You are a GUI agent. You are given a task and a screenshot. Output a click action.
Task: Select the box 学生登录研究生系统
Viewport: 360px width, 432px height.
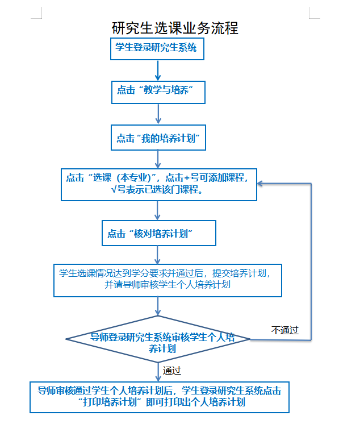(156, 48)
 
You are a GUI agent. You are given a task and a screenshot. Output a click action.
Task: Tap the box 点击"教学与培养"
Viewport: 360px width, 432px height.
(157, 91)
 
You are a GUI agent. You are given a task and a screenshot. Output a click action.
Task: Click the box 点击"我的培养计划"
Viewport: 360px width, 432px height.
(157, 138)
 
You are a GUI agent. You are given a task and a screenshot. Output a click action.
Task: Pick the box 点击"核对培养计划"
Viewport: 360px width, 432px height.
(158, 233)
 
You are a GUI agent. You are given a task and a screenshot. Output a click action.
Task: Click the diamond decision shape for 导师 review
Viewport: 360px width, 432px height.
(158, 339)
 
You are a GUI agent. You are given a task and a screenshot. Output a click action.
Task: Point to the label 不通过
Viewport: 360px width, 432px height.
(284, 330)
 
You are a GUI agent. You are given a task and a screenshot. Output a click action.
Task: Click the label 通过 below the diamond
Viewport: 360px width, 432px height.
(171, 371)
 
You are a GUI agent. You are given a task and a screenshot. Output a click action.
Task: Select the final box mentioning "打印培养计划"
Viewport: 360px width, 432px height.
(159, 396)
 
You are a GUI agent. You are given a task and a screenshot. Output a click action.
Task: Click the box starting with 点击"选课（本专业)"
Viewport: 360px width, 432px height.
(158, 184)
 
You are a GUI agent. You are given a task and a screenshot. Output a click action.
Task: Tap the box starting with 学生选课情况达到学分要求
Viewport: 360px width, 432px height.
(168, 279)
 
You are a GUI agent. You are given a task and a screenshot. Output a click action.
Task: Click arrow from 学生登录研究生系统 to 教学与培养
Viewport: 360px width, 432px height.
(158, 70)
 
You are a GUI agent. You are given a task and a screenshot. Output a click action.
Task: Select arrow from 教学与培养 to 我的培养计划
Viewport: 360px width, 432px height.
(158, 115)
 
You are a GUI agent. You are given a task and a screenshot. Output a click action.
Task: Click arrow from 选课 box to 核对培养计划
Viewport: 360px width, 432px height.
(158, 210)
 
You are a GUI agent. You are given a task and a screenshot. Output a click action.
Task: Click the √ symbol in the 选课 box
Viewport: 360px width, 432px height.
(114, 190)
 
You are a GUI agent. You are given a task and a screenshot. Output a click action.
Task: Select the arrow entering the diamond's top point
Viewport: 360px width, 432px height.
(158, 306)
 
